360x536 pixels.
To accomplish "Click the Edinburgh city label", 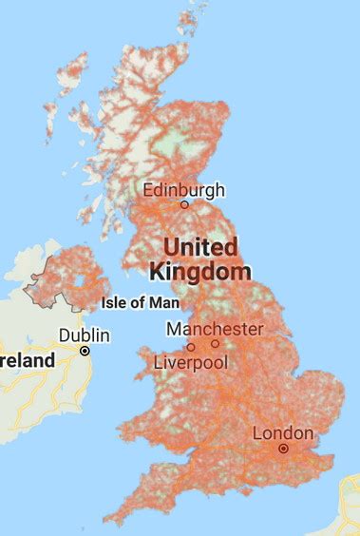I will (x=184, y=190).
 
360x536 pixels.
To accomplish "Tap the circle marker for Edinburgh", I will (x=184, y=204).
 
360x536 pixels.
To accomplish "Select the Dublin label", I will (x=85, y=335).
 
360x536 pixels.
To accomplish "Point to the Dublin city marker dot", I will (x=85, y=350).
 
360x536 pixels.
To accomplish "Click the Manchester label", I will (x=215, y=329).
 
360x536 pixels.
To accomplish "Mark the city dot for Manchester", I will (x=215, y=343).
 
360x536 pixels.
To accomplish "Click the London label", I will (x=283, y=433).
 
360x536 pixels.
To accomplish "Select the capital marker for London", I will (x=283, y=448).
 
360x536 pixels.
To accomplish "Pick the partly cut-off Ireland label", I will (x=27, y=360).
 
